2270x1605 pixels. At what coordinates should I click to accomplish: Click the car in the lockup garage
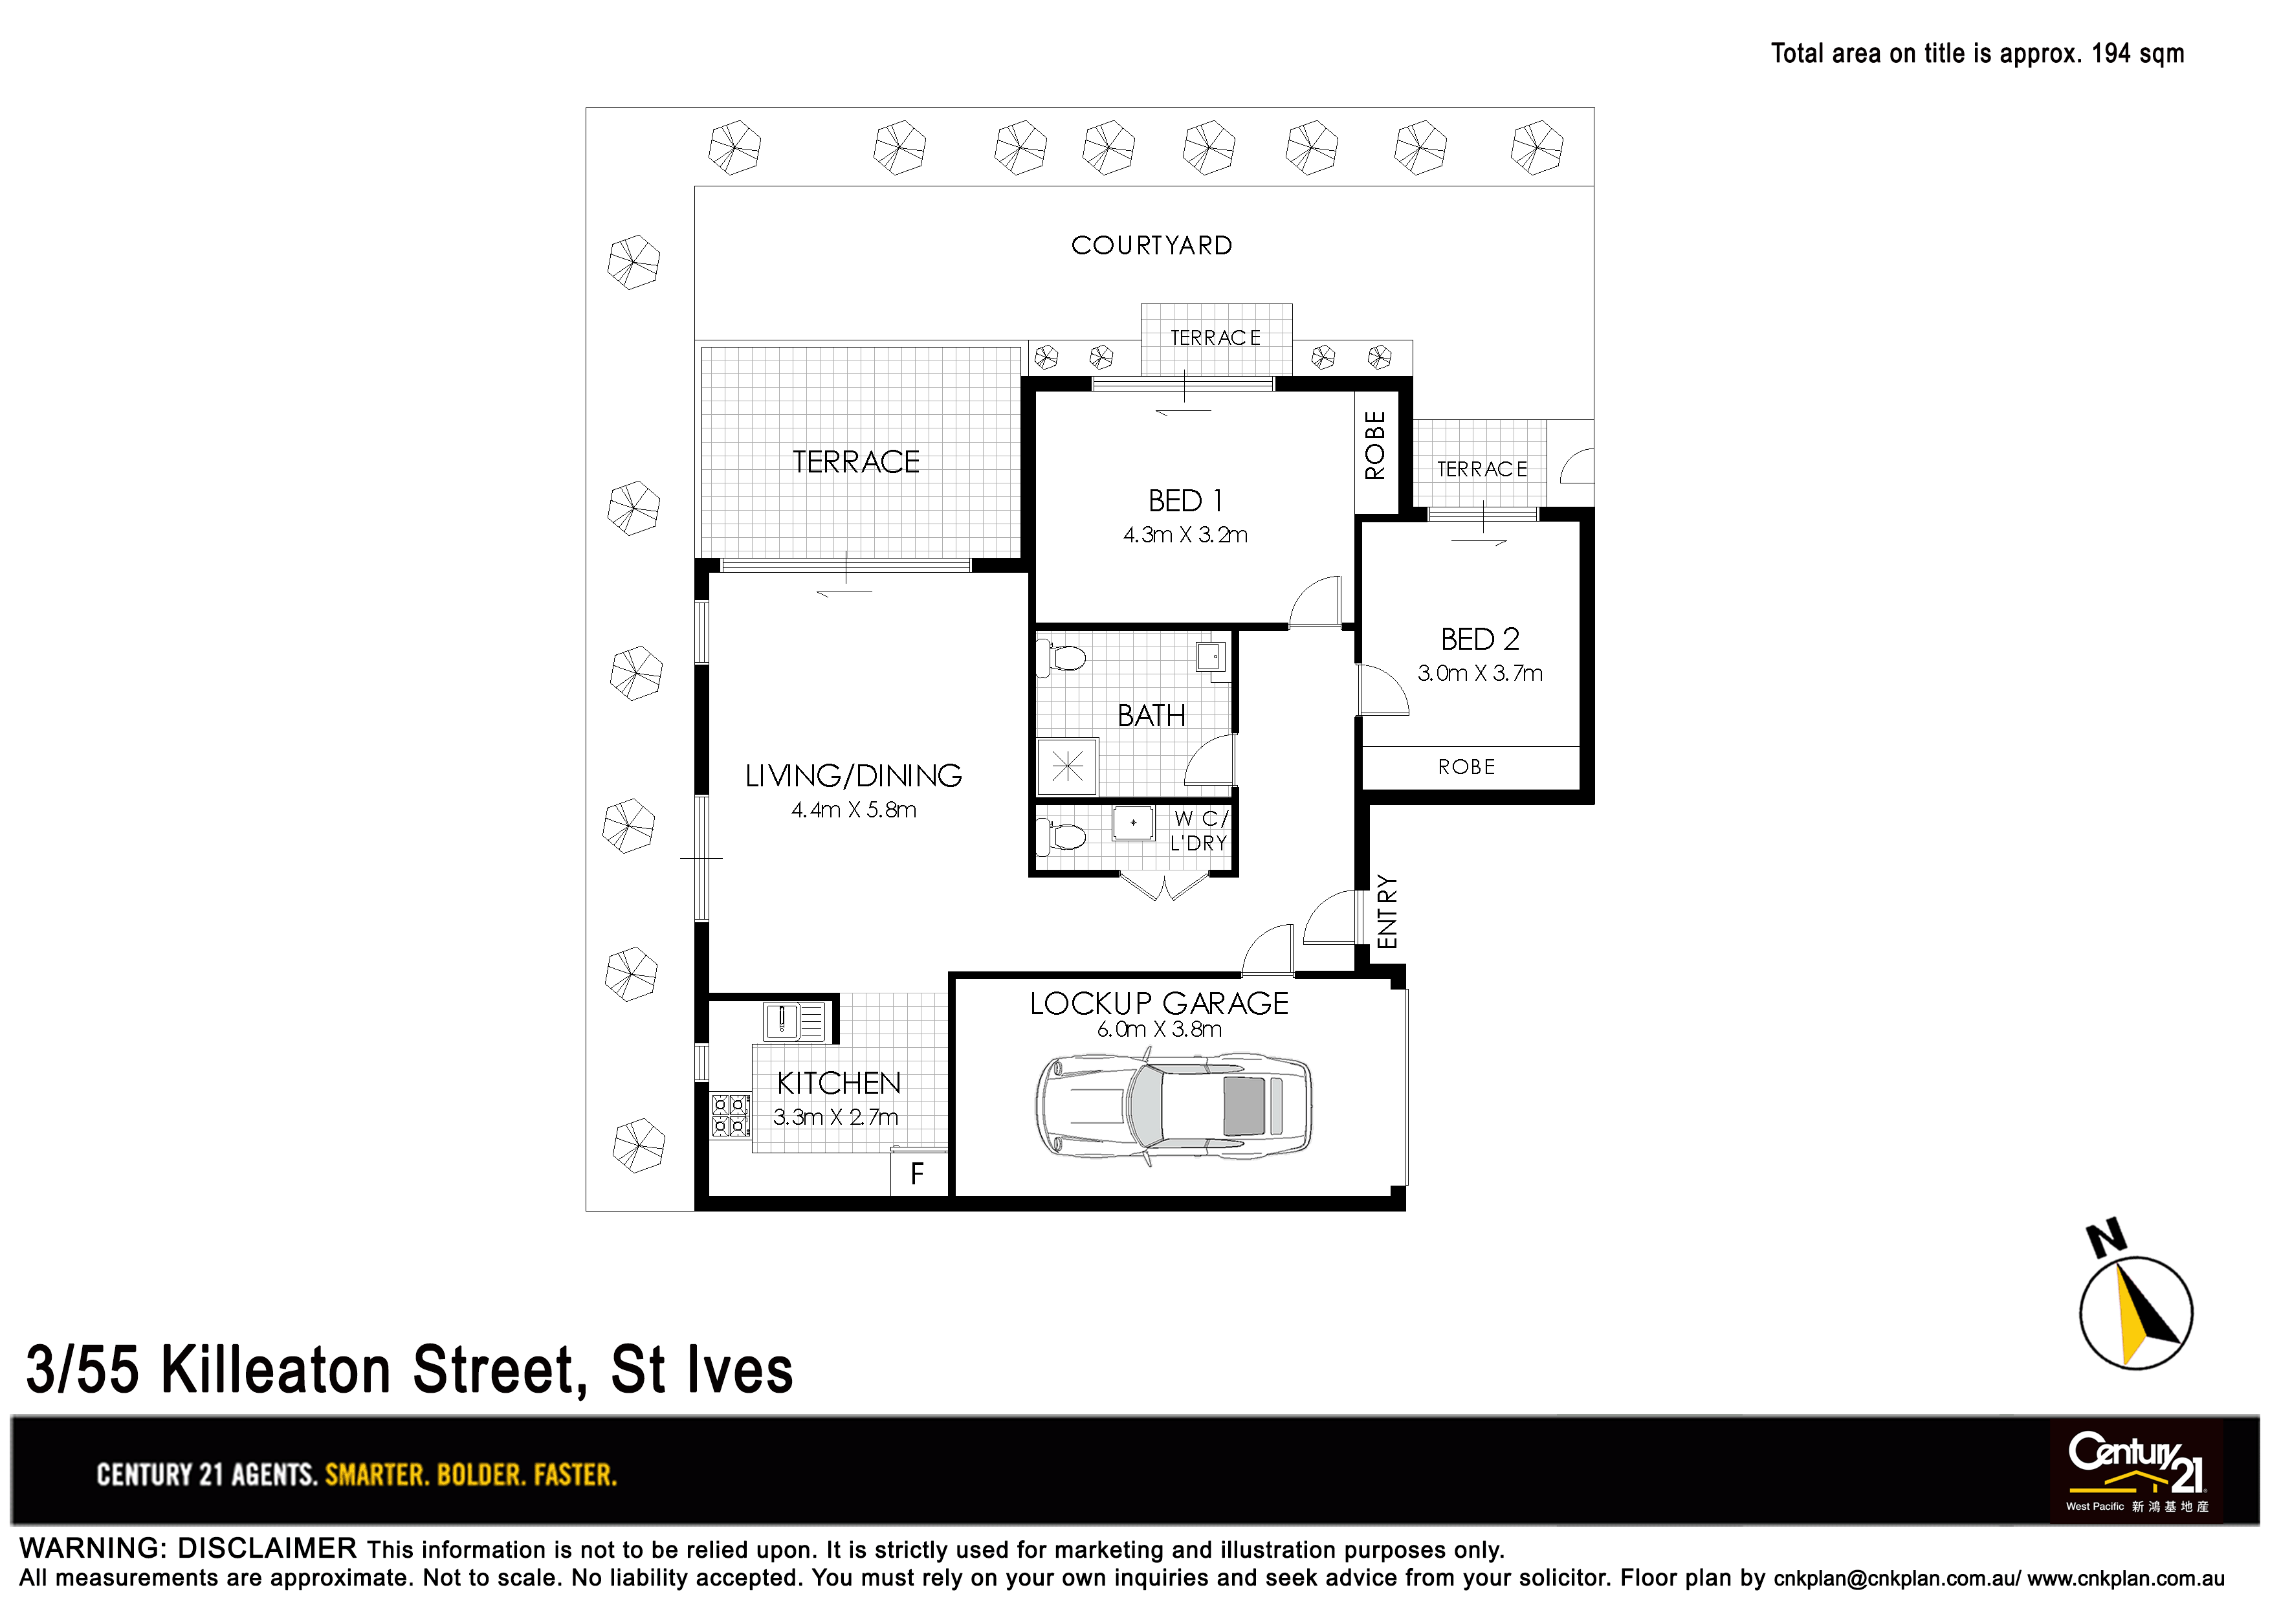(x=1174, y=1107)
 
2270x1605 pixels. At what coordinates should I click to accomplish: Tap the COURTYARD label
(x=1152, y=245)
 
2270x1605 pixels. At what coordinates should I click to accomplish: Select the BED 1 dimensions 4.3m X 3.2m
(x=1185, y=535)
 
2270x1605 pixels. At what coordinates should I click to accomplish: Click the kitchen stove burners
(x=731, y=1114)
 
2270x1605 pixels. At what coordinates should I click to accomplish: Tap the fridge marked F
(x=918, y=1174)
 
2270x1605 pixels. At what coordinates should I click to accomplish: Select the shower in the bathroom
(x=1068, y=766)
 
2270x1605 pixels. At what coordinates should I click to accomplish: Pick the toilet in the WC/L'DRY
(x=1061, y=837)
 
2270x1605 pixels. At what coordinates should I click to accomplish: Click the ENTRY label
(x=1387, y=912)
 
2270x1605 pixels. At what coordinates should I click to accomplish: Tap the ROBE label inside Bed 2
(x=1467, y=768)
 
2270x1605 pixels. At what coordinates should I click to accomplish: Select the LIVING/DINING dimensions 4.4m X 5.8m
(x=854, y=810)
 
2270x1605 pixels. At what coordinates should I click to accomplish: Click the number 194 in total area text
(x=2111, y=54)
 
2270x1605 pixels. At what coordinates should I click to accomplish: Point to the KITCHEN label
(x=839, y=1084)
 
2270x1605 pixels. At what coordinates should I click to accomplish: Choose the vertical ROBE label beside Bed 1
(x=1375, y=445)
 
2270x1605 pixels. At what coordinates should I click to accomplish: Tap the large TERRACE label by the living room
(x=856, y=462)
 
